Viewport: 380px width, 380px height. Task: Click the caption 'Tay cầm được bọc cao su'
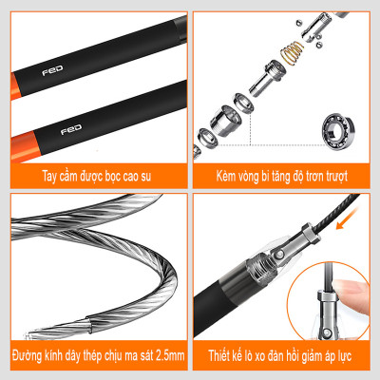point(94,176)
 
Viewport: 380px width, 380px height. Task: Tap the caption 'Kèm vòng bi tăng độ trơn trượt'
point(284,176)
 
